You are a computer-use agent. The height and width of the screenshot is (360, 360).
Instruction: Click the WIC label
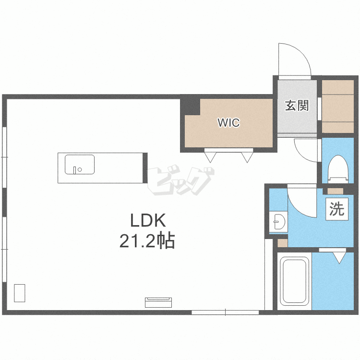(x=228, y=122)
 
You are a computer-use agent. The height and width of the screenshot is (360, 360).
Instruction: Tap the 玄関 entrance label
(x=297, y=106)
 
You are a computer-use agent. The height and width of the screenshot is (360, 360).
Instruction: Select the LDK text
(x=148, y=220)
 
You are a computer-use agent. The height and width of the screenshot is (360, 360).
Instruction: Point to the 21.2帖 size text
(x=147, y=241)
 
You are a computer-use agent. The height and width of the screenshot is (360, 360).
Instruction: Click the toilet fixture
(x=337, y=169)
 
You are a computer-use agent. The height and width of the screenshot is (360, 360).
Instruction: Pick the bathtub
(x=295, y=281)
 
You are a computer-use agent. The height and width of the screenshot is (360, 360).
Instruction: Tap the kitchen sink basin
(x=79, y=164)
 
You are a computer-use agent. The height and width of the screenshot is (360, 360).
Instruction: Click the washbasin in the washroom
(x=278, y=222)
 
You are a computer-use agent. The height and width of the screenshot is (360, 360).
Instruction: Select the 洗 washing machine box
(x=337, y=209)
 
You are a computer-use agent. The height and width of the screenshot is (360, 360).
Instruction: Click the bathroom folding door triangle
(x=339, y=258)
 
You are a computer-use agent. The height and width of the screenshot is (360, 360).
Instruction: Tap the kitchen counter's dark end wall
(x=145, y=168)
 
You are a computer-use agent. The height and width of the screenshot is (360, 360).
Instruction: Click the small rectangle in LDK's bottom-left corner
(x=20, y=293)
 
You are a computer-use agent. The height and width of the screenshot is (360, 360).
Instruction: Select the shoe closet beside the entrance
(x=338, y=107)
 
